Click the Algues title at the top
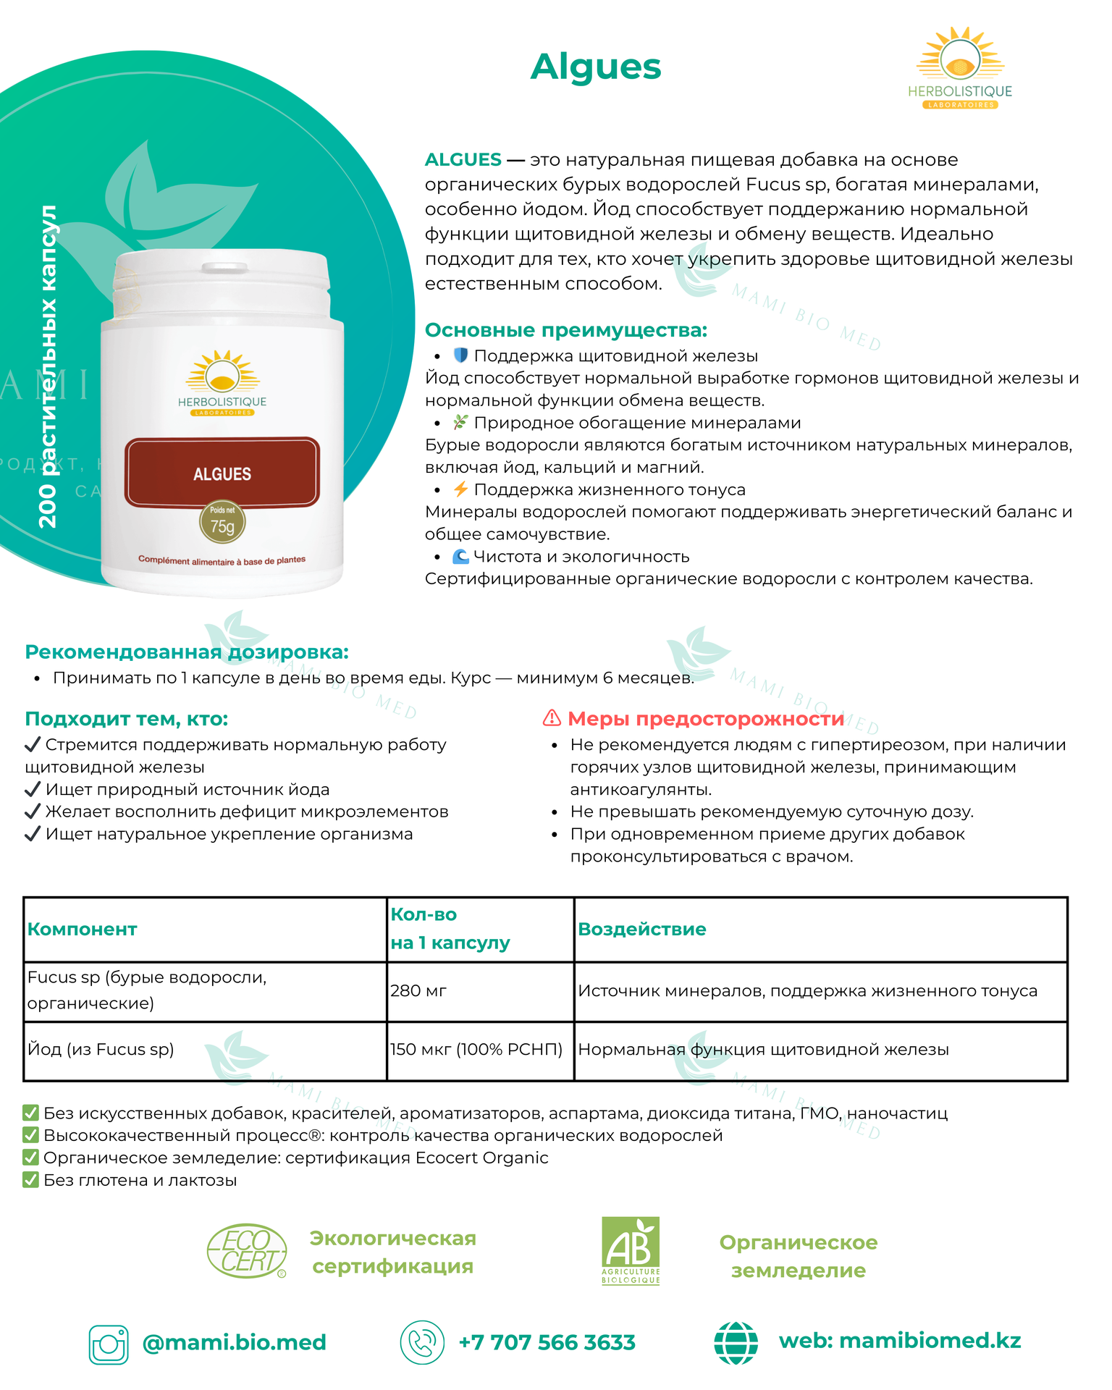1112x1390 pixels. (595, 67)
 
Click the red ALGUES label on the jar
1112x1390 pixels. (222, 473)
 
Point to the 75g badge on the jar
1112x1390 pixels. (222, 522)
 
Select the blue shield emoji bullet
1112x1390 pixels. (460, 355)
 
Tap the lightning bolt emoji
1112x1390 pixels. (460, 489)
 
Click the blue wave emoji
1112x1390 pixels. (460, 556)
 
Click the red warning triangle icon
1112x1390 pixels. (552, 718)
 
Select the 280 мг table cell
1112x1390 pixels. (418, 990)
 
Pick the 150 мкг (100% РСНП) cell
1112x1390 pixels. (476, 1049)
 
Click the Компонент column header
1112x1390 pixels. (82, 929)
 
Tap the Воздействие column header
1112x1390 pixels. (641, 929)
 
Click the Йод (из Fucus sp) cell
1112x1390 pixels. (101, 1049)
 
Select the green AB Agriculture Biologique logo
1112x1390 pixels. (631, 1250)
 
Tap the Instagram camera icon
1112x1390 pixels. (109, 1344)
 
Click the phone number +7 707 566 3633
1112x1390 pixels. (547, 1342)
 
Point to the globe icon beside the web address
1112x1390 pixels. (736, 1342)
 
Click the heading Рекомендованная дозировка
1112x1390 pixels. (187, 652)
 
